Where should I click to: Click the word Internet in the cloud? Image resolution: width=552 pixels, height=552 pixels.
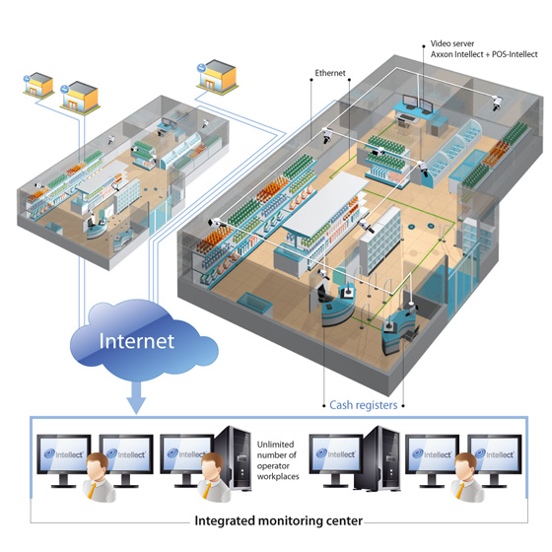(137, 341)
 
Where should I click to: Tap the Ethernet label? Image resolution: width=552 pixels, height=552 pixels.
(330, 73)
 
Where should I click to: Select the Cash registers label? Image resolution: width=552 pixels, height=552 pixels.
(364, 405)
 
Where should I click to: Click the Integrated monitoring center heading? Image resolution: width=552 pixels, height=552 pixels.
(278, 520)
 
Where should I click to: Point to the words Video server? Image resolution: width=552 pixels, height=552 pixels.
(452, 43)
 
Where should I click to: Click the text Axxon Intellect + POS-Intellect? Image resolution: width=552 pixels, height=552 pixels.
(484, 54)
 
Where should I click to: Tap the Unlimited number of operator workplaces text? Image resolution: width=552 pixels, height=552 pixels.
(278, 460)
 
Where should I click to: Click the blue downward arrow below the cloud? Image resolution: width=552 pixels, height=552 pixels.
(137, 398)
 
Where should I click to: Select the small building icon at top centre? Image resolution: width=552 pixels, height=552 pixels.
(217, 77)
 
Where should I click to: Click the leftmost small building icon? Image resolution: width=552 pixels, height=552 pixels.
(38, 86)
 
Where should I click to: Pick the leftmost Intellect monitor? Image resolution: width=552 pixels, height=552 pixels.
(64, 459)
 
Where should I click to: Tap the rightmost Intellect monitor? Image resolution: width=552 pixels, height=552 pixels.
(495, 459)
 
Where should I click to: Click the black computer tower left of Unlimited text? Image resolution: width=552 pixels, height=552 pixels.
(234, 458)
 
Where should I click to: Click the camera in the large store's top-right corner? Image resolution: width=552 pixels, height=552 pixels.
(497, 103)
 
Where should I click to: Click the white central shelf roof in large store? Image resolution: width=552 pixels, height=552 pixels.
(325, 204)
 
